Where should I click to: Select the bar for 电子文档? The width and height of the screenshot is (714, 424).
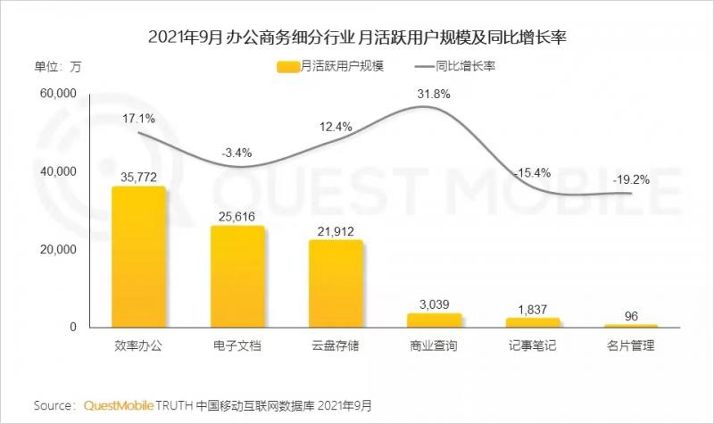pos(237,277)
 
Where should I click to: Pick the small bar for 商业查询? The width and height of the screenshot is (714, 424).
pos(434,320)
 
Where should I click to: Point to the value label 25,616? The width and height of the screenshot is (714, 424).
pos(237,215)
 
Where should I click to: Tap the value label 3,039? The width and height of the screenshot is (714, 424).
pos(434,303)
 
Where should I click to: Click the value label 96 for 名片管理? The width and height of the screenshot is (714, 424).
pos(630,314)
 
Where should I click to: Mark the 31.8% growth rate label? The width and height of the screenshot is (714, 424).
pos(434,94)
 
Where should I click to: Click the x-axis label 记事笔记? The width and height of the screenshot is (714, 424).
pos(532,345)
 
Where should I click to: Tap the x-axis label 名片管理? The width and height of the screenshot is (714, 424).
pos(630,345)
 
